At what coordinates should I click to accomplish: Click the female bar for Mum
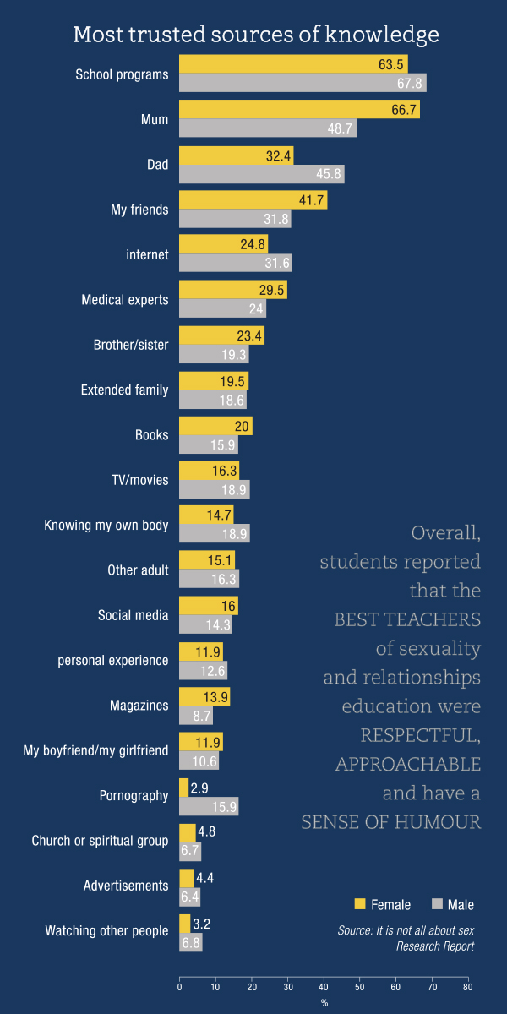(299, 109)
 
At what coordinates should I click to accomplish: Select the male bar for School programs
(303, 83)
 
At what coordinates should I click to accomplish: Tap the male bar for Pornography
(209, 807)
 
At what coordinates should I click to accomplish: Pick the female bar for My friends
(253, 199)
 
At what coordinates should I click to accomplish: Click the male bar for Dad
(262, 174)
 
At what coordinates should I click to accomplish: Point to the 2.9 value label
(199, 788)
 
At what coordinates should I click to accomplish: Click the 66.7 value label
(403, 110)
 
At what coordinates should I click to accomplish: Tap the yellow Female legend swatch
(359, 904)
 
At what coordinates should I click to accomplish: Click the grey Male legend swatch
(437, 904)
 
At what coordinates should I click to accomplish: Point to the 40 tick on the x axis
(324, 986)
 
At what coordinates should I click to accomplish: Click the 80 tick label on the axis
(467, 986)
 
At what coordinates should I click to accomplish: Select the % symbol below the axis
(324, 1003)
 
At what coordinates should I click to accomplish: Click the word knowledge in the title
(387, 35)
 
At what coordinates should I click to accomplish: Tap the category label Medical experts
(124, 300)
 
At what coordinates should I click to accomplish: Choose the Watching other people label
(106, 931)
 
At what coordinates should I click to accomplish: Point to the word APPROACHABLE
(408, 765)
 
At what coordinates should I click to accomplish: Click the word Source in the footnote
(354, 931)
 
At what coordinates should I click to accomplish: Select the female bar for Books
(215, 426)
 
